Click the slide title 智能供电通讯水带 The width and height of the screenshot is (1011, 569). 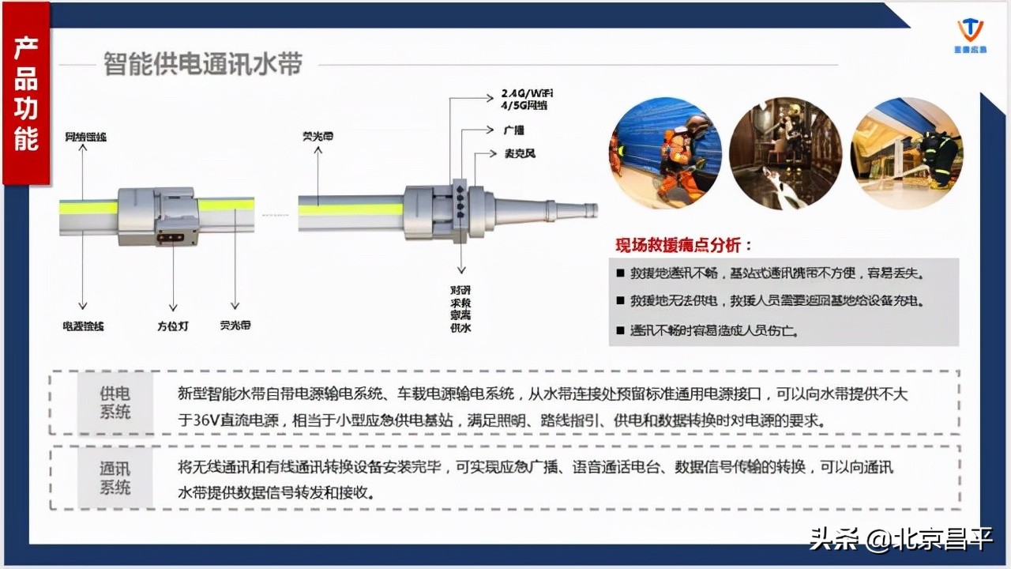tap(203, 64)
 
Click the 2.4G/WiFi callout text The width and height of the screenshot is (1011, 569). tap(527, 92)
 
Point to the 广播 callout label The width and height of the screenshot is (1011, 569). tap(513, 130)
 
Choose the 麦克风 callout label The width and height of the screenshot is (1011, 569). tap(520, 153)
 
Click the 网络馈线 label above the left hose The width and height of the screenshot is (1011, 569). tap(85, 137)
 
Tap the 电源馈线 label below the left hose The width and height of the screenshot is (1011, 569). tap(84, 325)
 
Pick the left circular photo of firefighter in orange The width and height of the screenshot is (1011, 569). tap(665, 154)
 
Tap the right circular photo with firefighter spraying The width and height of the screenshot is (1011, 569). tap(907, 154)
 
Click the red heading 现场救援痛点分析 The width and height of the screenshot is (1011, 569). tap(684, 244)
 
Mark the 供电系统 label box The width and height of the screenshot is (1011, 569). tap(115, 402)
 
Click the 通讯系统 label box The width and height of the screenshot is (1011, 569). tap(115, 478)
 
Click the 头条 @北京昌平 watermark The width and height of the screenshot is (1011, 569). tap(900, 540)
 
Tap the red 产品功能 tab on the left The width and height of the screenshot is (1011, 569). tap(26, 93)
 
